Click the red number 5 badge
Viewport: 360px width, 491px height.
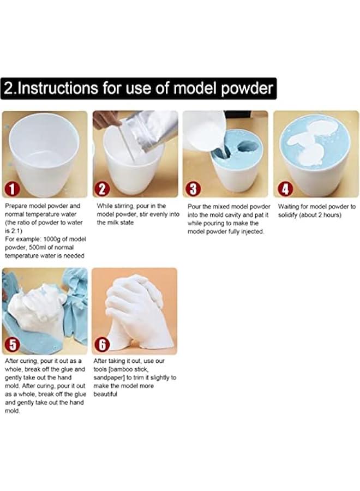13,345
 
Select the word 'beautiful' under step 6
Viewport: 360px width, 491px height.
105,394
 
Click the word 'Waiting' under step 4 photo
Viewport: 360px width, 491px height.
290,207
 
